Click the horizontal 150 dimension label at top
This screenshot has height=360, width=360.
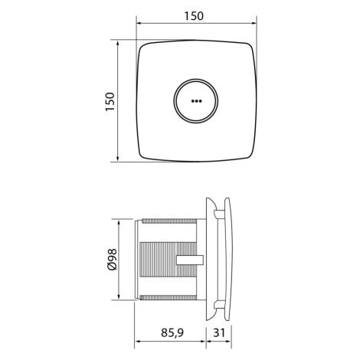pos(194,16)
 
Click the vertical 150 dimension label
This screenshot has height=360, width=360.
pos(110,101)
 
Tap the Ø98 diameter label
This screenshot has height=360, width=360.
pos(112,259)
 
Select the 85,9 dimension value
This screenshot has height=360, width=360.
pos(172,333)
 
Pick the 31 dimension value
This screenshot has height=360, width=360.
pos(219,332)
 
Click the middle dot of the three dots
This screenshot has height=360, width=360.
pos(196,101)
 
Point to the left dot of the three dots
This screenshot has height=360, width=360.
pos(192,101)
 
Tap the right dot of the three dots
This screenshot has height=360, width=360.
pos(201,101)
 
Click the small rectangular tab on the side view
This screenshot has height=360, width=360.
pos(190,260)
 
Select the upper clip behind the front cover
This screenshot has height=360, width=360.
pos(219,214)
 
